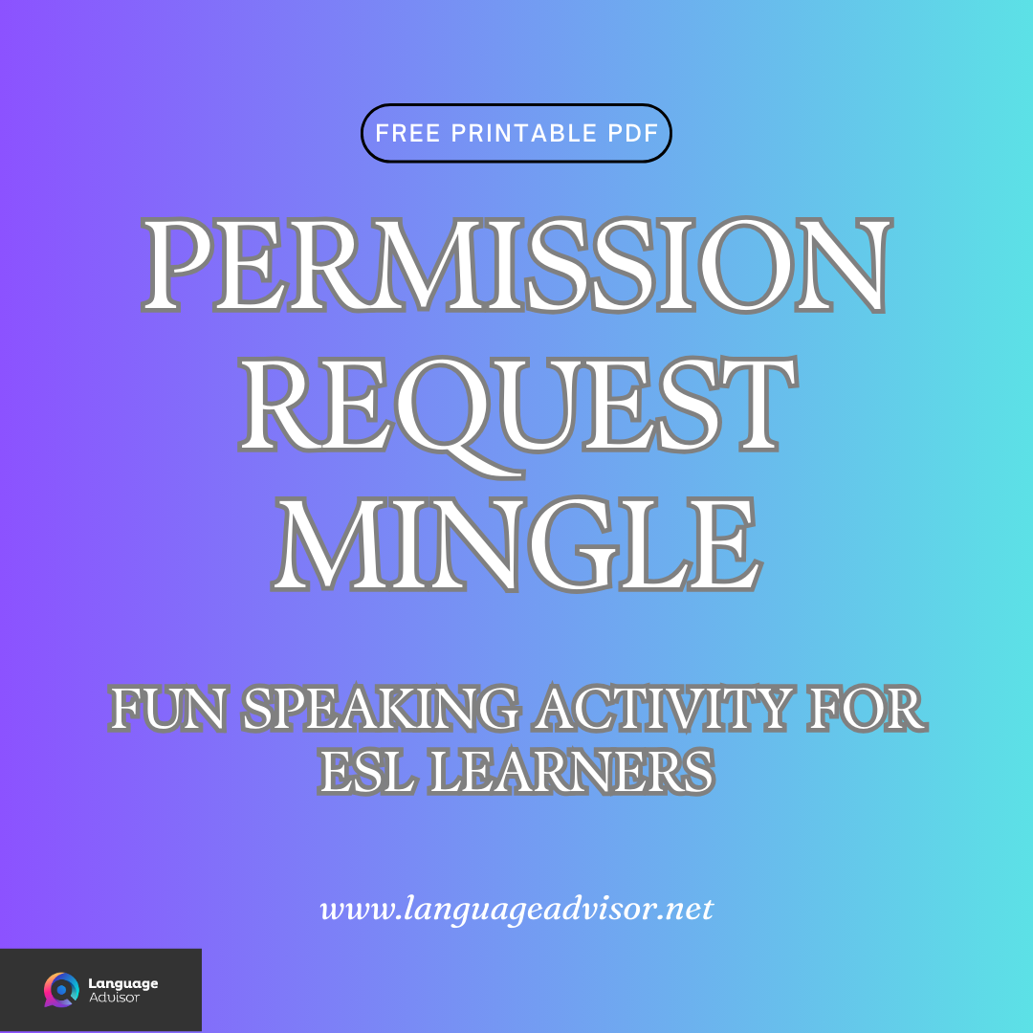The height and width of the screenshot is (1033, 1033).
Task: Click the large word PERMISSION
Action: (x=516, y=265)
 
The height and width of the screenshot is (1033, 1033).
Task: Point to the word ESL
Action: (x=368, y=770)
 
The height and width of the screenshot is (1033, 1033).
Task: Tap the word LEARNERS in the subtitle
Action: (x=570, y=770)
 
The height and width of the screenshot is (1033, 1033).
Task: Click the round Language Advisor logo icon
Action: (x=61, y=990)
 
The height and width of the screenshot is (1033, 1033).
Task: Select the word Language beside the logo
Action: (x=122, y=982)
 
